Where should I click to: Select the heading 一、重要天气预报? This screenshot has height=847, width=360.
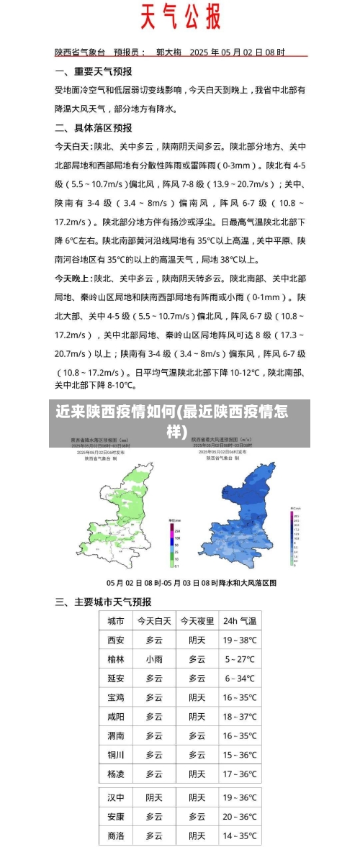click(x=93, y=71)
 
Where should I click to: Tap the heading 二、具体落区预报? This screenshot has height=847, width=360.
click(x=93, y=127)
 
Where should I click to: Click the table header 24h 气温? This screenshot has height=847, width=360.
click(x=240, y=621)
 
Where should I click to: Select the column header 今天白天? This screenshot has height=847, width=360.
click(x=154, y=621)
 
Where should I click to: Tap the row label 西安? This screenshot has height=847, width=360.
click(x=116, y=640)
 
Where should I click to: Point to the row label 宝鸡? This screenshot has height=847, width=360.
click(x=116, y=697)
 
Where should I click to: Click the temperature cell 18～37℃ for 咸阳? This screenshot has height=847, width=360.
click(x=240, y=717)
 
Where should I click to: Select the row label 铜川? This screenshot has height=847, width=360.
click(x=116, y=755)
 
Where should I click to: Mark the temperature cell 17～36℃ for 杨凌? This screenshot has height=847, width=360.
click(x=240, y=774)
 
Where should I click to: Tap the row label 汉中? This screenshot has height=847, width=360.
click(x=116, y=797)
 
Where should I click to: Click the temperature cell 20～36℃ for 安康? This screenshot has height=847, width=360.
click(x=240, y=817)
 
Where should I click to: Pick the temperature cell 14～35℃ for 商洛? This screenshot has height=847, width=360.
click(x=240, y=836)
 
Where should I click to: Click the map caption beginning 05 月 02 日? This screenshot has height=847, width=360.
click(x=192, y=582)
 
